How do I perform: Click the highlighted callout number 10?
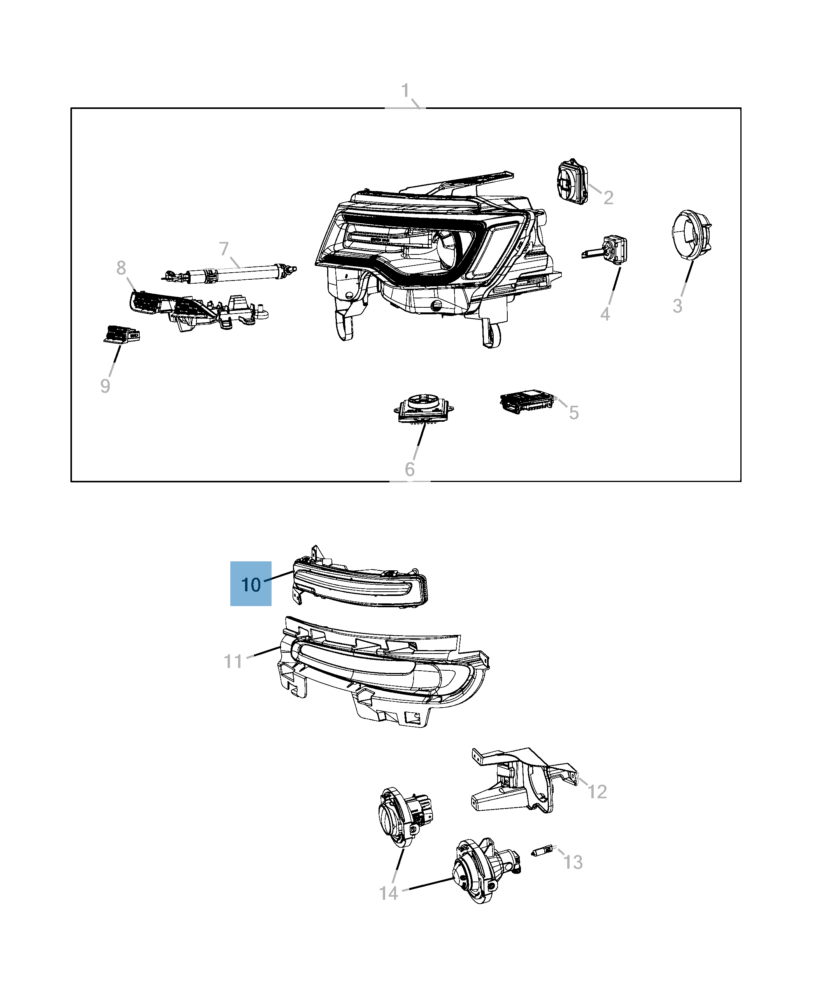coord(251,584)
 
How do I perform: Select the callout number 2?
coord(608,198)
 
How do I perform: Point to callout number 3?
coord(677,307)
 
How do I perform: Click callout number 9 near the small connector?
coord(105,386)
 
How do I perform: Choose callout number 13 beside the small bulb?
coord(573,862)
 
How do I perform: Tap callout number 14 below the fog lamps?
coord(389,893)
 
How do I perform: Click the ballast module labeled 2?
coord(573,182)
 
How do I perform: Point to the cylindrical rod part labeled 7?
coord(231,273)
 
